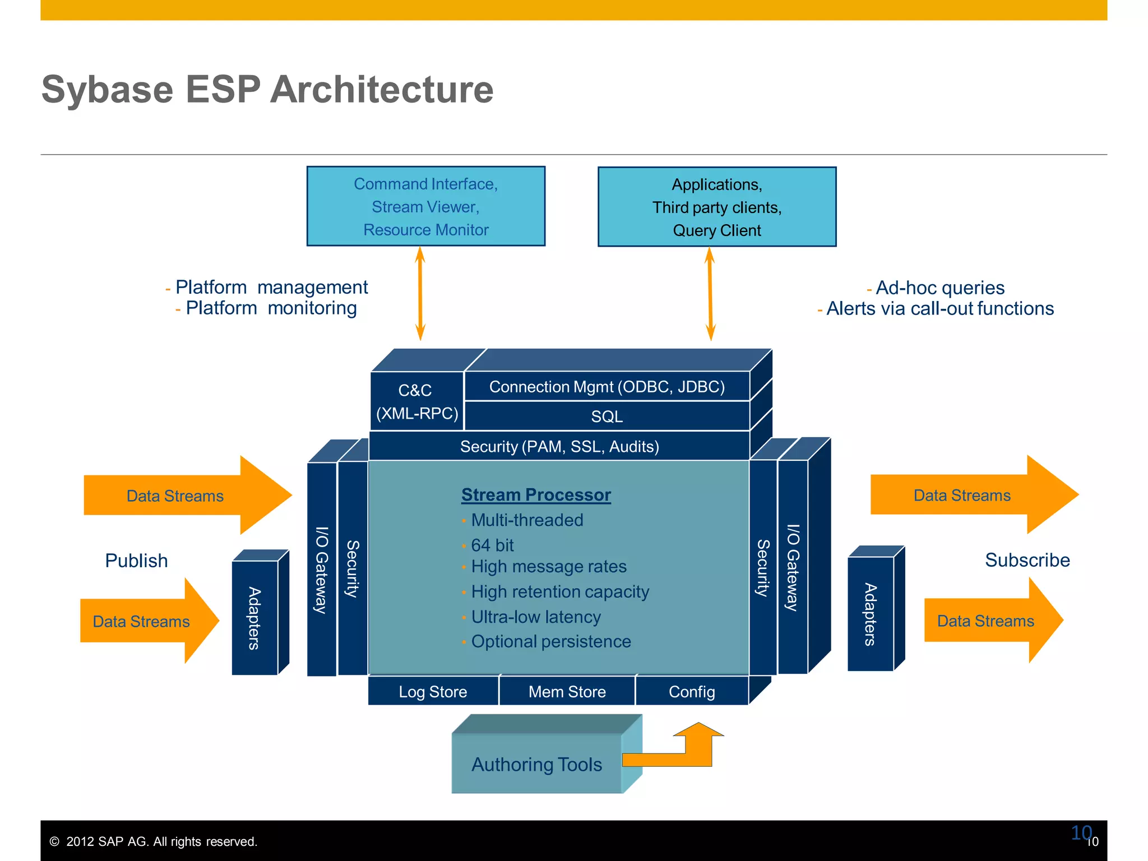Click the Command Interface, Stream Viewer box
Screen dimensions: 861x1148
pyautogui.click(x=425, y=206)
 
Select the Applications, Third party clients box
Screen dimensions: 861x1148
pyautogui.click(x=716, y=207)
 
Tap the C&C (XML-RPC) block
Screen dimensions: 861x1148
pyautogui.click(x=416, y=401)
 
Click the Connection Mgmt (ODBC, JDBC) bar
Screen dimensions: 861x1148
pyautogui.click(x=607, y=387)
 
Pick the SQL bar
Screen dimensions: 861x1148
pyautogui.click(x=607, y=416)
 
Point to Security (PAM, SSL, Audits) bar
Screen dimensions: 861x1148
pyautogui.click(x=559, y=447)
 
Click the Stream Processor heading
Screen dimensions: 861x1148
pyautogui.click(x=536, y=495)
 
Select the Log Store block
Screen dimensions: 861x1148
pyautogui.click(x=433, y=692)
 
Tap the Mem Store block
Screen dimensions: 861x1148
pyautogui.click(x=567, y=692)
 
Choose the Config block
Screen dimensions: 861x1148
pyautogui.click(x=692, y=692)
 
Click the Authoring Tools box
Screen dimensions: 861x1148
pyautogui.click(x=536, y=764)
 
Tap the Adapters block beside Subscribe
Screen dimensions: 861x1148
pyautogui.click(x=870, y=614)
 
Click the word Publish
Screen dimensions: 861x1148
pyautogui.click(x=136, y=561)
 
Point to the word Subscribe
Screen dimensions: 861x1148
pyautogui.click(x=1027, y=560)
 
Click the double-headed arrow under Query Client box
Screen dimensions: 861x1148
pyautogui.click(x=710, y=294)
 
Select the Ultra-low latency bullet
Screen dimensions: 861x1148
pyautogui.click(x=535, y=617)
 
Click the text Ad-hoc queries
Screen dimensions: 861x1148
pyautogui.click(x=939, y=288)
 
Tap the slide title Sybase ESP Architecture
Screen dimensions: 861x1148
pyautogui.click(x=267, y=90)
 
